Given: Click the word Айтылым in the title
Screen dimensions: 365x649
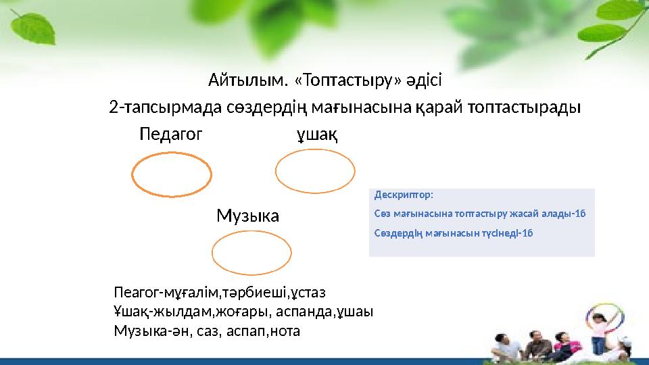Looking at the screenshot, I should pyautogui.click(x=248, y=82).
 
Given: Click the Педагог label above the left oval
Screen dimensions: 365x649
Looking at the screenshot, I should pyautogui.click(x=170, y=135).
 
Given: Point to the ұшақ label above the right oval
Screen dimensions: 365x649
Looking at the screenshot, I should pyautogui.click(x=317, y=135).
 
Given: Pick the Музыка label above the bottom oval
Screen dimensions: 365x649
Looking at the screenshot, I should pyautogui.click(x=247, y=216).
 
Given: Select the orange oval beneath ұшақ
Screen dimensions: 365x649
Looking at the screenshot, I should pyautogui.click(x=315, y=170).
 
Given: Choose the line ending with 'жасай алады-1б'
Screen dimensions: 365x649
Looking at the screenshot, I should pyautogui.click(x=479, y=214).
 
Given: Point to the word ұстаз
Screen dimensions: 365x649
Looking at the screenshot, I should pyautogui.click(x=310, y=293).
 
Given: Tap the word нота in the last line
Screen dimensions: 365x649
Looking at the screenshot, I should pyautogui.click(x=285, y=331).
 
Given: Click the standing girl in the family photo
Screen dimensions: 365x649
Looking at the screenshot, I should pyautogui.click(x=598, y=331).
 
